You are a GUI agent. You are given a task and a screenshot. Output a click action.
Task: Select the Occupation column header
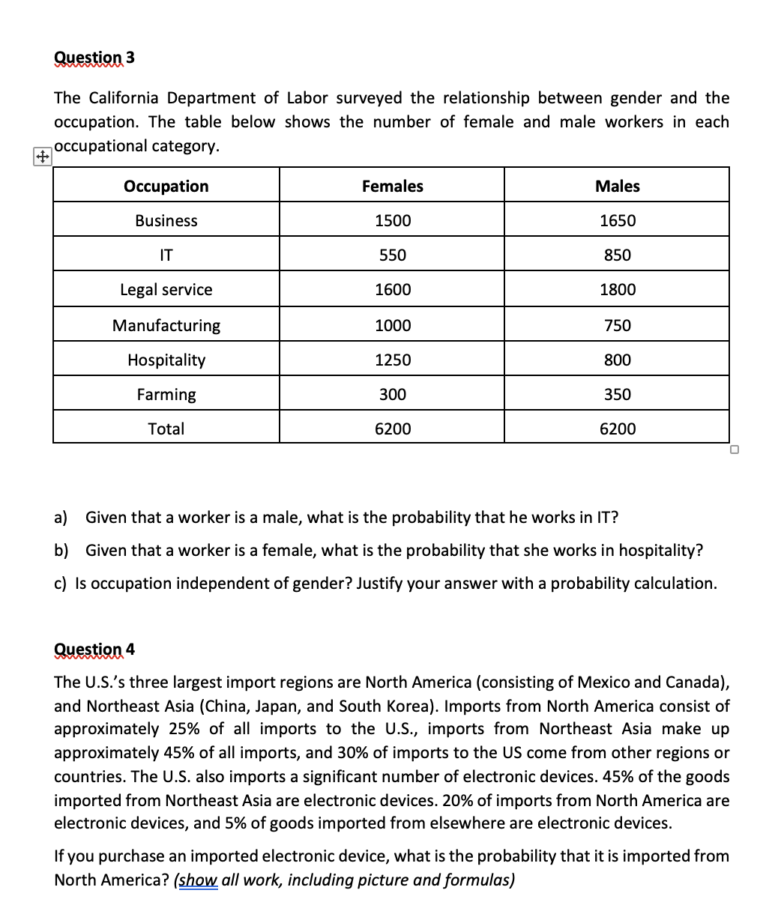pos(166,186)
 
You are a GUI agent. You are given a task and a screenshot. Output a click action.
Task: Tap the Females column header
pos(392,186)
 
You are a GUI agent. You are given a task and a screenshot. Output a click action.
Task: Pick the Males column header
pos(617,186)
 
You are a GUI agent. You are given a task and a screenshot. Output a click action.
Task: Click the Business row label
pos(166,220)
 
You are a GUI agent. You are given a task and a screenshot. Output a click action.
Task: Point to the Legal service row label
pos(166,289)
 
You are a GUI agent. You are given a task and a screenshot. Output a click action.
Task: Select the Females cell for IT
pos(392,255)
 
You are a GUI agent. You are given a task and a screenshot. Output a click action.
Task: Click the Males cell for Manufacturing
pos(617,325)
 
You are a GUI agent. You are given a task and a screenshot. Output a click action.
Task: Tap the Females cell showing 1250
pos(392,360)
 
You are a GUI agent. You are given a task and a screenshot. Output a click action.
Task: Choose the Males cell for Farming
pos(617,394)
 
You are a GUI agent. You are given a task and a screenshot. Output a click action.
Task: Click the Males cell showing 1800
pos(617,289)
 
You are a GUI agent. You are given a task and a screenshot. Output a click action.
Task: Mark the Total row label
pos(166,429)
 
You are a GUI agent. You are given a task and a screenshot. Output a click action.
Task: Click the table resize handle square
pos(735,450)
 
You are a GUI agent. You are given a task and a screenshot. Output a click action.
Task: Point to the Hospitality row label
pos(166,360)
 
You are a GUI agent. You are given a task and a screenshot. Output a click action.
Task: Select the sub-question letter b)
pos(61,551)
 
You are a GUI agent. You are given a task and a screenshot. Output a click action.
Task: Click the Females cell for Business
pos(392,220)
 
